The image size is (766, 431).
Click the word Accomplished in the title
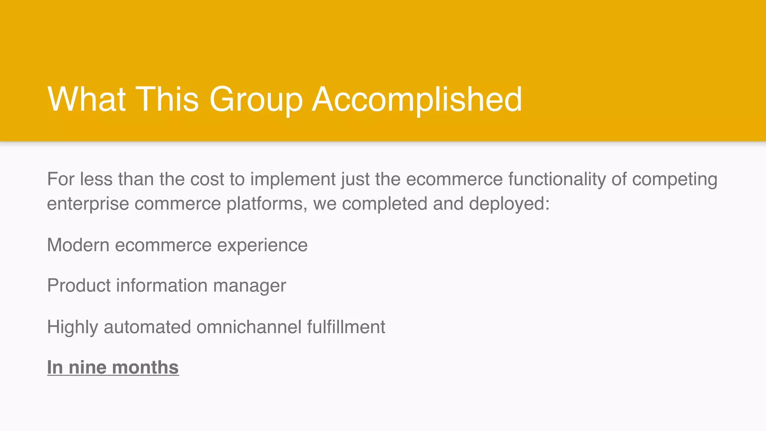coord(417,100)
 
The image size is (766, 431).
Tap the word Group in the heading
coord(256,100)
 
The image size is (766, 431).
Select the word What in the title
coord(86,99)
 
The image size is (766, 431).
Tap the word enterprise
coord(88,204)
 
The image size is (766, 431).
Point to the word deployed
coord(509,204)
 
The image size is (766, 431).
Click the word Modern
coord(78,245)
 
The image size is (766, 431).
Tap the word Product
coord(79,286)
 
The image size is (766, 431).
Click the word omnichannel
coord(249,327)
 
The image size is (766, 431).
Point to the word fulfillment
coord(346,327)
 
